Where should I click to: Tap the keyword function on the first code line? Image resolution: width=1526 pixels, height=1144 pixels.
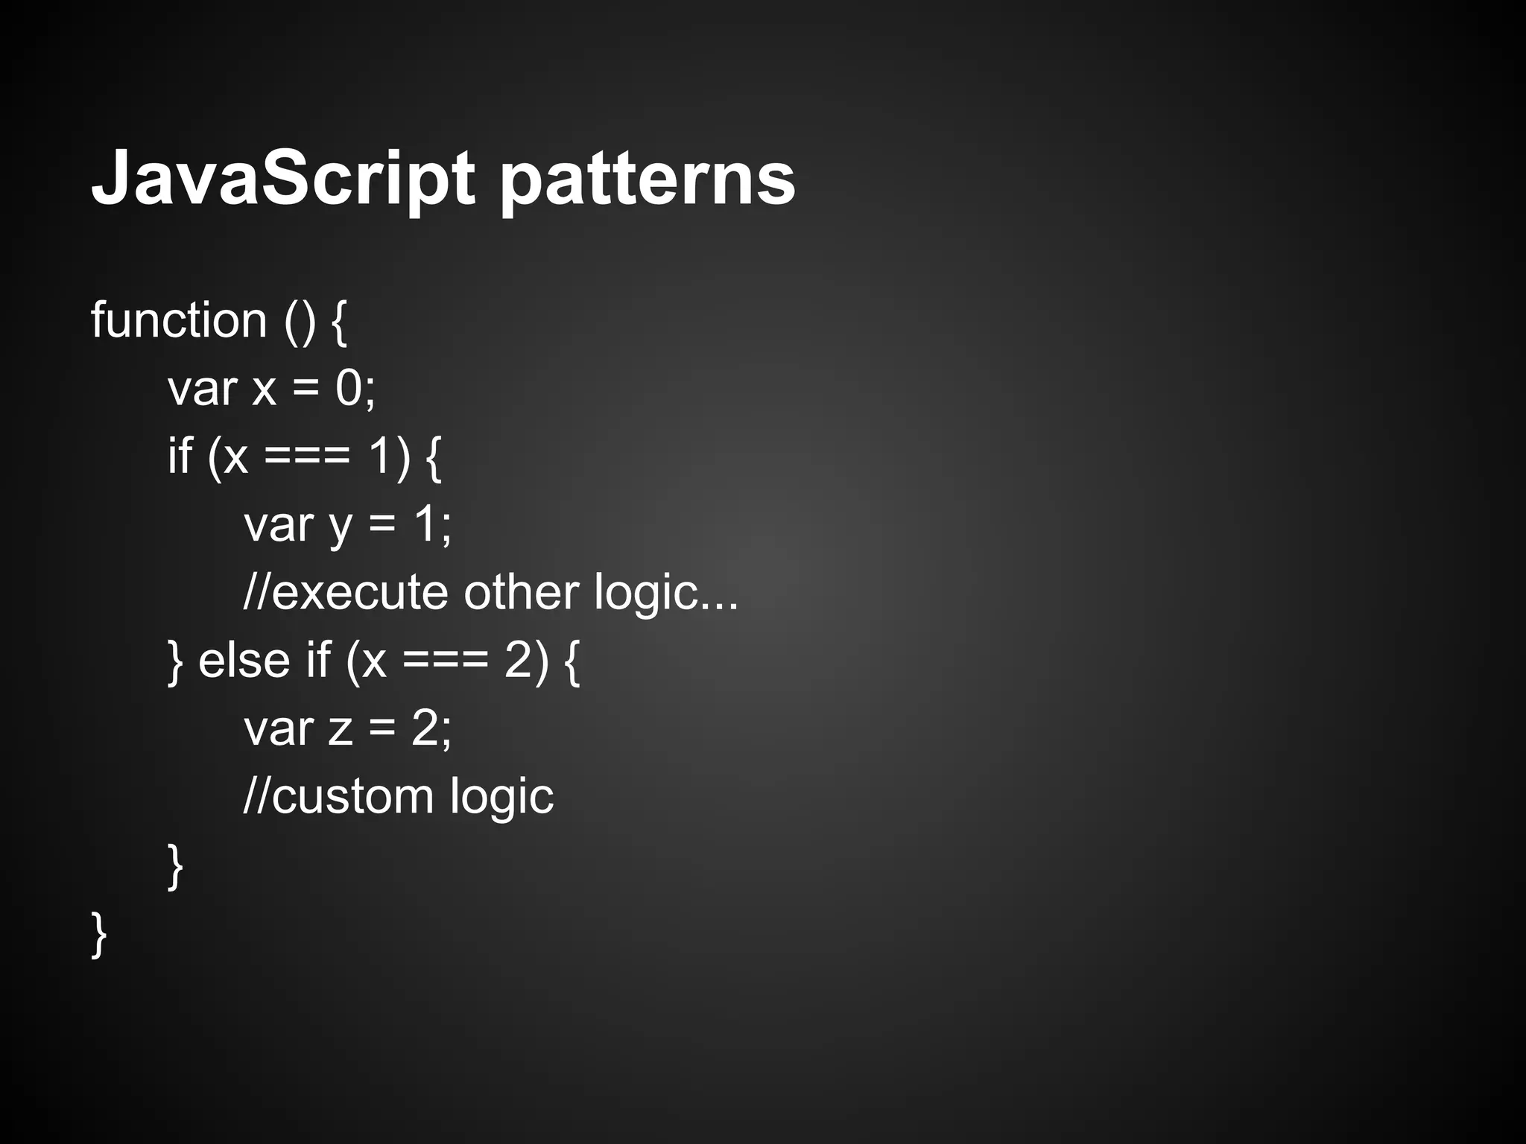point(179,320)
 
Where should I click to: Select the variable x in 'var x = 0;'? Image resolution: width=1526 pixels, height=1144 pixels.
point(264,390)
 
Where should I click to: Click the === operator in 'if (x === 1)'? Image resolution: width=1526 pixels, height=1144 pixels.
point(307,456)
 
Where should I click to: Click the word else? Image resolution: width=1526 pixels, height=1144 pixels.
point(244,660)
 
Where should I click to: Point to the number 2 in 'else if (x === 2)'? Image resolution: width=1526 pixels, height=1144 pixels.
point(519,659)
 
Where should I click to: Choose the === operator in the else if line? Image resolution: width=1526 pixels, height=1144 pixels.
point(446,661)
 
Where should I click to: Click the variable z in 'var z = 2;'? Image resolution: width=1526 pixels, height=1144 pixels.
point(340,729)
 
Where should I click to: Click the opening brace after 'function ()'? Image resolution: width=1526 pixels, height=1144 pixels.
point(338,322)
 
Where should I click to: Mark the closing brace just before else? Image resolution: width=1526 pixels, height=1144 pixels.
point(176,661)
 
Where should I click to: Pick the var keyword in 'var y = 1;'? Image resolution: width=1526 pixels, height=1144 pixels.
point(279,524)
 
